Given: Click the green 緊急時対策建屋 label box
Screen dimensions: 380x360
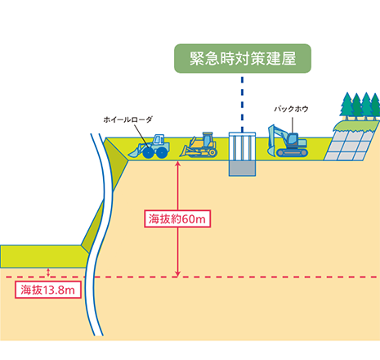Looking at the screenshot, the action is (x=243, y=58).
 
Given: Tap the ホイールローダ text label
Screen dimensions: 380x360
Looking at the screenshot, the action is (x=127, y=119).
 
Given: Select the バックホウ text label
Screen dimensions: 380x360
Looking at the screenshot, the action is (x=291, y=109).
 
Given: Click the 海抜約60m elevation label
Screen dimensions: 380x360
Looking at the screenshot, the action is (x=177, y=218).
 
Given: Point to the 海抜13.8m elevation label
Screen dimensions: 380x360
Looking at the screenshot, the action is (x=48, y=290).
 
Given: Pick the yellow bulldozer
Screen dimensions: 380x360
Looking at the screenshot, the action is (x=199, y=145).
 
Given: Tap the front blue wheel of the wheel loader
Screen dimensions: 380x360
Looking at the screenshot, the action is (x=148, y=153).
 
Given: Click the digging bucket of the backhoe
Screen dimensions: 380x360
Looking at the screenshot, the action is (x=271, y=150).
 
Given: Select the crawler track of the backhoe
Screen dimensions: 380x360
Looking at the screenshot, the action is (x=292, y=153).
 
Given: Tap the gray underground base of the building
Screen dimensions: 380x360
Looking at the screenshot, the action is (x=242, y=168).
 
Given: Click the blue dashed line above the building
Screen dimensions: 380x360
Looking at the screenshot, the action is (x=242, y=104).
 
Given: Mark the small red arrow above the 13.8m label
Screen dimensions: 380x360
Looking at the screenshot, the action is (x=48, y=272).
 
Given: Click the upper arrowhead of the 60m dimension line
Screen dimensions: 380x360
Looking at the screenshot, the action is (x=177, y=164).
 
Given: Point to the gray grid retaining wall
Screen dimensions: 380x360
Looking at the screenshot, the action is (x=349, y=145).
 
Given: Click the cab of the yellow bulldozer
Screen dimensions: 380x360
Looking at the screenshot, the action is (x=208, y=140).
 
